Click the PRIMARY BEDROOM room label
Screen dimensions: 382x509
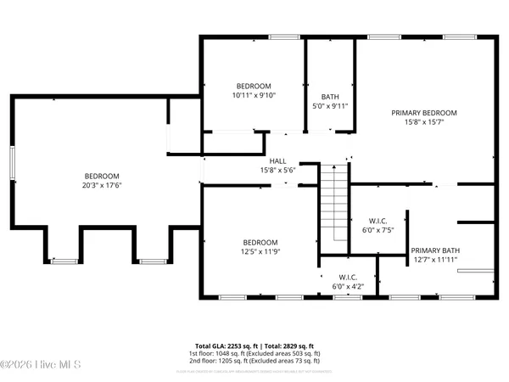coord(423,113)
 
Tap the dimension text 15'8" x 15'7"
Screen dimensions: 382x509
coord(423,122)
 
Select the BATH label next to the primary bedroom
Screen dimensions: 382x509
coord(330,97)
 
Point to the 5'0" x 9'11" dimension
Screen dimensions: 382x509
coord(330,107)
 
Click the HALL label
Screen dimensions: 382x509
coord(278,161)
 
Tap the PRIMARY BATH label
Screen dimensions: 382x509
coord(434,250)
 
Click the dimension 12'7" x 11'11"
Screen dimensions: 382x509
coord(434,261)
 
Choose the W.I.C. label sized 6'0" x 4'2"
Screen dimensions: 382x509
coord(349,277)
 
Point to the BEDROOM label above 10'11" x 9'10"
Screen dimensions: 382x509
coord(254,86)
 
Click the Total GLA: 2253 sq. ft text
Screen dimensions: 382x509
coord(226,346)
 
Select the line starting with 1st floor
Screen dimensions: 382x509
coord(254,354)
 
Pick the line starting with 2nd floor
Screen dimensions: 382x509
coord(254,362)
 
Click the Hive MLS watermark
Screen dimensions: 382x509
coord(40,366)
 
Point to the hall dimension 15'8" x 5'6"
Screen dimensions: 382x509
coord(278,171)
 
